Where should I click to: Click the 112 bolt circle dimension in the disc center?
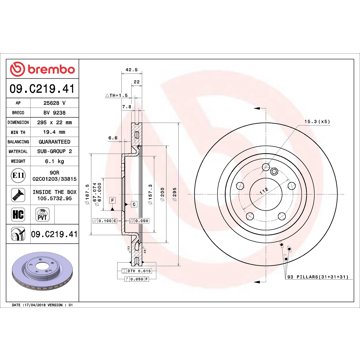click(237, 189)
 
